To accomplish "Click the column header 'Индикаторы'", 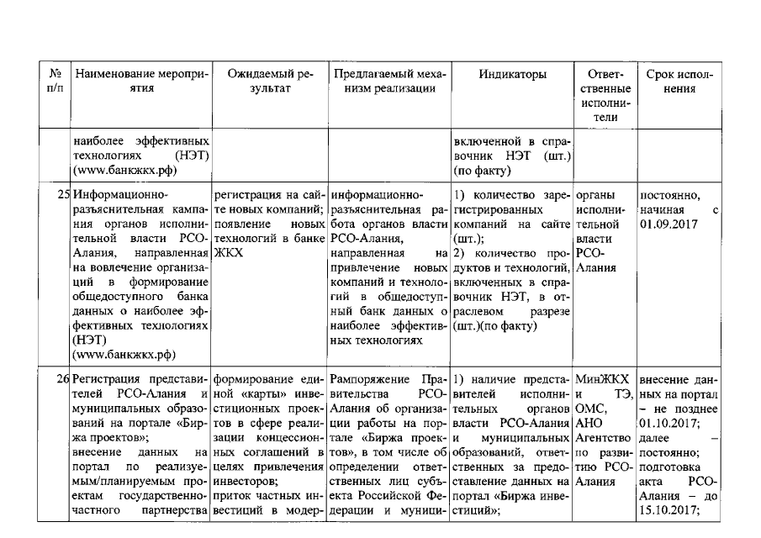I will click(x=513, y=74).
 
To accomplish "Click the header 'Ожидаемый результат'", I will click(x=271, y=81).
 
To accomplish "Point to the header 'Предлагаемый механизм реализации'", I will click(x=389, y=81).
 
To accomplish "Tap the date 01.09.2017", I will click(x=665, y=224).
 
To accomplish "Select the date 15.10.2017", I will click(x=665, y=507).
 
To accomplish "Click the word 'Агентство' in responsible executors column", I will click(x=603, y=438).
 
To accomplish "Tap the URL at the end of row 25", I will click(x=117, y=353).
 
